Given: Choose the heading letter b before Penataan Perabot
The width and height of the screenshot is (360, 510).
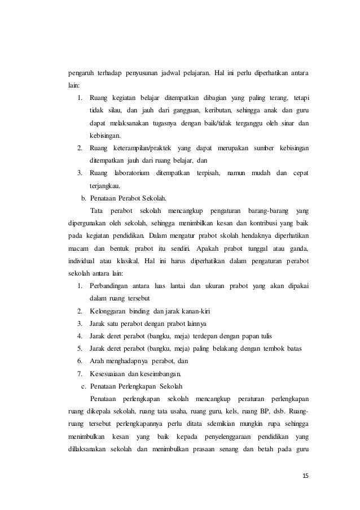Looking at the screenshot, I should [84, 198].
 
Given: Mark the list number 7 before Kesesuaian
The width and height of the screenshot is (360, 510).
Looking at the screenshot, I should [81, 373].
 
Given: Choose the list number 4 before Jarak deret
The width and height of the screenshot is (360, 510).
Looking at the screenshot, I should [81, 335].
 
